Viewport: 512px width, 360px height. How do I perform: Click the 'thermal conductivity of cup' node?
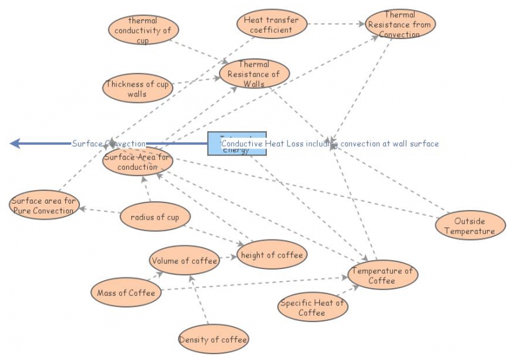143,29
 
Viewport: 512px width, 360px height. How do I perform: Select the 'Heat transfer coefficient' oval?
271,25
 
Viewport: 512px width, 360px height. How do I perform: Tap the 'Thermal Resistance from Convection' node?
400,24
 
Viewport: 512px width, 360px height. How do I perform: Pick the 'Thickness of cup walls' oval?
138,88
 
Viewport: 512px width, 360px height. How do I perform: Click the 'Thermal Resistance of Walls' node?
254,74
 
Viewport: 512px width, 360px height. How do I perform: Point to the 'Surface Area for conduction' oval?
138,161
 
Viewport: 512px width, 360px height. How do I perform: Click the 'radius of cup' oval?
155,217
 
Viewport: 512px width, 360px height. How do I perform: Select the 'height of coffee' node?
271,255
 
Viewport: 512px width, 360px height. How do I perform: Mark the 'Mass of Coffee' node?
126,293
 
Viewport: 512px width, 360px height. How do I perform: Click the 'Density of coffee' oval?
213,340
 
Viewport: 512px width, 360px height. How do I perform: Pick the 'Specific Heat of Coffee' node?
312,307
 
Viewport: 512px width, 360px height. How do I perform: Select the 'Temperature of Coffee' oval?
382,275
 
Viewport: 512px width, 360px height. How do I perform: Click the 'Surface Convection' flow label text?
109,143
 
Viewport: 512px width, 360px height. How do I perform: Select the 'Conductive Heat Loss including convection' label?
330,143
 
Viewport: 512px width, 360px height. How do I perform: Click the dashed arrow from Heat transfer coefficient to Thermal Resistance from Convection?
336,24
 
